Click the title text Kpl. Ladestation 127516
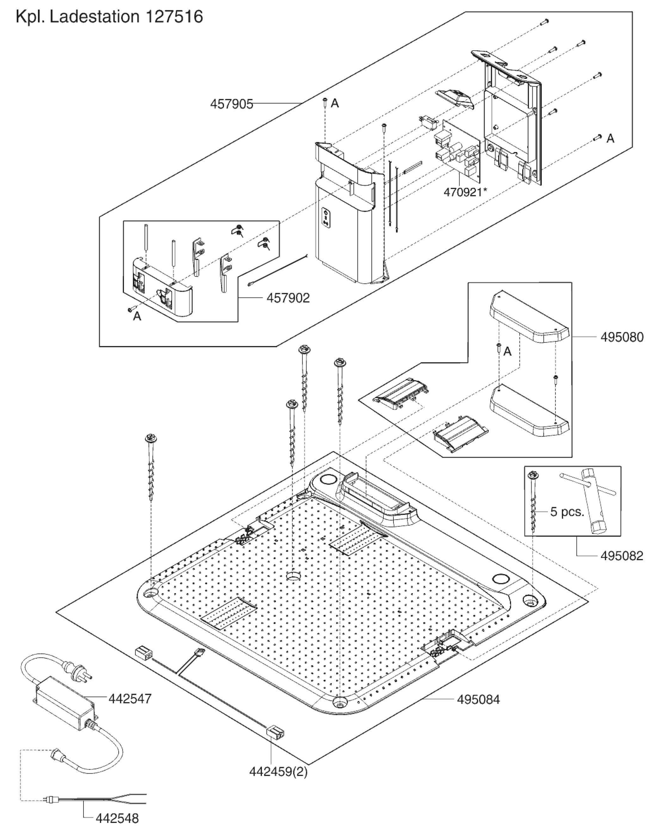point(109,17)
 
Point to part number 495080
point(622,337)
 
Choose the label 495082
point(622,555)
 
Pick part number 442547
point(130,699)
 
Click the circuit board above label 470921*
point(458,153)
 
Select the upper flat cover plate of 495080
point(529,317)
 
